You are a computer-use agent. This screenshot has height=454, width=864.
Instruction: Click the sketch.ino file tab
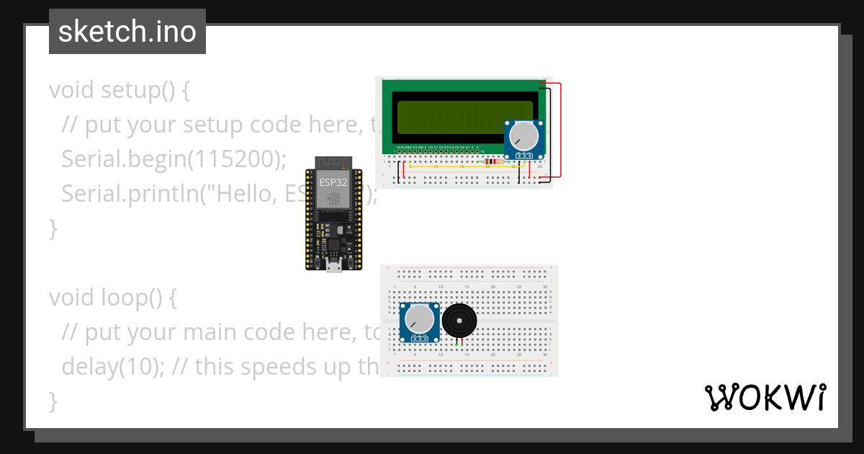coord(127,32)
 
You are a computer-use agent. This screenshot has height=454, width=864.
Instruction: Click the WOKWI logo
coord(765,397)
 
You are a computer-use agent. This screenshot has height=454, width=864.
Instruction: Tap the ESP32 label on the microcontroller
coord(333,182)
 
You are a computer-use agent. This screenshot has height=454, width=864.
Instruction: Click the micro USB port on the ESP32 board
coord(333,268)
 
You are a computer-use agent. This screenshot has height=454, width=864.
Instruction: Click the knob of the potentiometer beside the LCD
coord(523,135)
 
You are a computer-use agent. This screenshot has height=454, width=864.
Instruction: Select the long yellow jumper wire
coord(461,166)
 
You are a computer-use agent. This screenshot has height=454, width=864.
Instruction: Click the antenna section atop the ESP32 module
coord(333,163)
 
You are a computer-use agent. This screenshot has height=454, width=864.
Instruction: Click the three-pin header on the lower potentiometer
coord(419,337)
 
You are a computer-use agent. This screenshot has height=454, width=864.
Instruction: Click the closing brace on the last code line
coord(52,400)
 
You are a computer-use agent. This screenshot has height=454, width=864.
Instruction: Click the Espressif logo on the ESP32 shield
coord(333,199)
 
